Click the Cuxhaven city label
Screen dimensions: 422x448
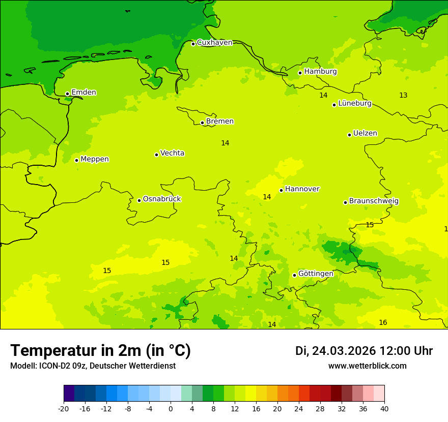[214, 43]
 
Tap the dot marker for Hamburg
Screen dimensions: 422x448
[300, 73]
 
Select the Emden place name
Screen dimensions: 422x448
[83, 93]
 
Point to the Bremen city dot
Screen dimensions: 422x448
[202, 123]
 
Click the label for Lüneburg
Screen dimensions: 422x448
[355, 104]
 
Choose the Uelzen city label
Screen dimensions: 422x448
[365, 134]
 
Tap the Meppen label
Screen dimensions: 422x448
[95, 159]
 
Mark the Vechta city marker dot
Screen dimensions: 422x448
[156, 155]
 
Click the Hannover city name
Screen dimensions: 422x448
[302, 189]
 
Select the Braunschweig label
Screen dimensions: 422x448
[374, 201]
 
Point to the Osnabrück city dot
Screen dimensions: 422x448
[139, 200]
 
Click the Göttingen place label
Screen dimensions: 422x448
[316, 274]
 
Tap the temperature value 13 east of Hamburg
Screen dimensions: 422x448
[403, 96]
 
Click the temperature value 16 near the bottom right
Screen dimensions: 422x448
[383, 323]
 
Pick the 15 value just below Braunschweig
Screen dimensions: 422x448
[370, 225]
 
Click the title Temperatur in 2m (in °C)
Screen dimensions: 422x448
[100, 351]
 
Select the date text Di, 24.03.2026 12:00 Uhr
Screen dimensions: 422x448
[364, 351]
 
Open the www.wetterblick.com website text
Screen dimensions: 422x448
[367, 366]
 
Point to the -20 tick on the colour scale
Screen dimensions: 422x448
[64, 408]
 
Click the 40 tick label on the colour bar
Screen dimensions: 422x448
[384, 408]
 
